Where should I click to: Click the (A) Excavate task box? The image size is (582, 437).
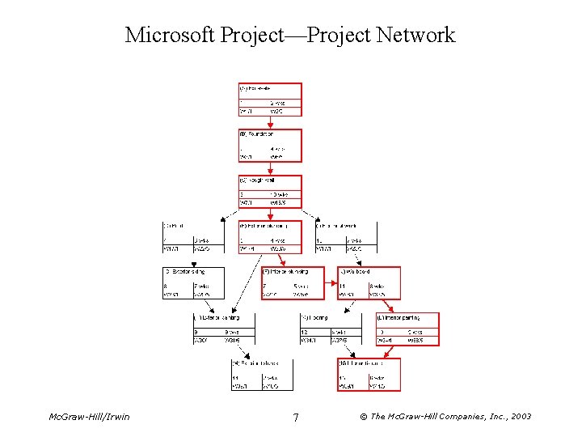tap(270, 99)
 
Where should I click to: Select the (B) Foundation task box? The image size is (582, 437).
tap(270, 146)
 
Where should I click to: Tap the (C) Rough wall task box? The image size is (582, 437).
tap(270, 192)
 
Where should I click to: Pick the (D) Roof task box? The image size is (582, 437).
tap(192, 237)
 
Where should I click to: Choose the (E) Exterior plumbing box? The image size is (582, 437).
tap(270, 237)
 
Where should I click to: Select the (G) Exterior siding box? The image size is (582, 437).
tap(192, 283)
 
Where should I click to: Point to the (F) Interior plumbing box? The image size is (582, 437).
tap(292, 283)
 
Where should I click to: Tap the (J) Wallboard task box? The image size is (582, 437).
tap(369, 283)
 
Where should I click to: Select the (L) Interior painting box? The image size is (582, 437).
tap(407, 329)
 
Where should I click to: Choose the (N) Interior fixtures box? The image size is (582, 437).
tap(369, 375)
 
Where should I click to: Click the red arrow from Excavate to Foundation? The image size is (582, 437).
tap(270, 122)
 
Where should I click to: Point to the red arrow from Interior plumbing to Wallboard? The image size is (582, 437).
tap(331, 284)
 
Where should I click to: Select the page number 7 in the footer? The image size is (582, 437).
tap(296, 418)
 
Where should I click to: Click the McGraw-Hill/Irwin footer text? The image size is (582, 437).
tap(89, 417)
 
